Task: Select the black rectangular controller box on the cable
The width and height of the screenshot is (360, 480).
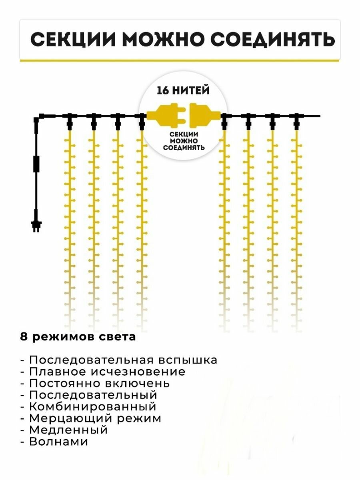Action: pyautogui.click(x=36, y=164)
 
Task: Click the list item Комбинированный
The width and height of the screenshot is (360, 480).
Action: pyautogui.click(x=92, y=407)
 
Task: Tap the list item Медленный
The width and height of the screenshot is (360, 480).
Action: pyautogui.click(x=68, y=430)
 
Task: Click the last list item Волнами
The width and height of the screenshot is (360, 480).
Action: pyautogui.click(x=58, y=442)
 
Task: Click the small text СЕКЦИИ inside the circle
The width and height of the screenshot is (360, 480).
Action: pyautogui.click(x=184, y=134)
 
